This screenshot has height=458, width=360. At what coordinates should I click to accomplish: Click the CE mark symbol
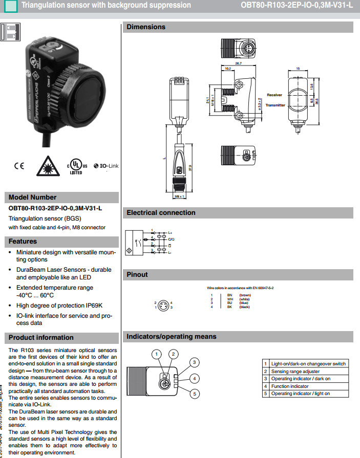tap(18, 166)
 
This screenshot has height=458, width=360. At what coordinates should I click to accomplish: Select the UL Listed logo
tap(76, 166)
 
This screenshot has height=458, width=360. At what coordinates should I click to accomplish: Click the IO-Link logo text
tap(106, 166)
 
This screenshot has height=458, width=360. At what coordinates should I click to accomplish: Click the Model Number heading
tap(33, 198)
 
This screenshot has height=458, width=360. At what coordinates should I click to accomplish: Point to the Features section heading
tap(23, 241)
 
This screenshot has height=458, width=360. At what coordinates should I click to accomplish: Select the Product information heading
tap(41, 337)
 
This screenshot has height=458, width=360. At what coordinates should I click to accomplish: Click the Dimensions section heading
tap(146, 27)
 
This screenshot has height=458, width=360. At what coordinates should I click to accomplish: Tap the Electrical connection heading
tap(161, 213)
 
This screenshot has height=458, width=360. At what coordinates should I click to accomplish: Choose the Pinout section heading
tap(137, 275)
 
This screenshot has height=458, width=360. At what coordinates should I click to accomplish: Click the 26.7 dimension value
tap(238, 63)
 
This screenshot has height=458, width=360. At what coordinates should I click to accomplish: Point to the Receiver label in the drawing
tap(274, 95)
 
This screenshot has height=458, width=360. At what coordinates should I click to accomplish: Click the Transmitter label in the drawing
tap(276, 105)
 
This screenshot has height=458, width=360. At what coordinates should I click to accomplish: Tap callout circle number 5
tap(195, 394)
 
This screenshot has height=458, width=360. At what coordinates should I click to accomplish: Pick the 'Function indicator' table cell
tap(290, 386)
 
